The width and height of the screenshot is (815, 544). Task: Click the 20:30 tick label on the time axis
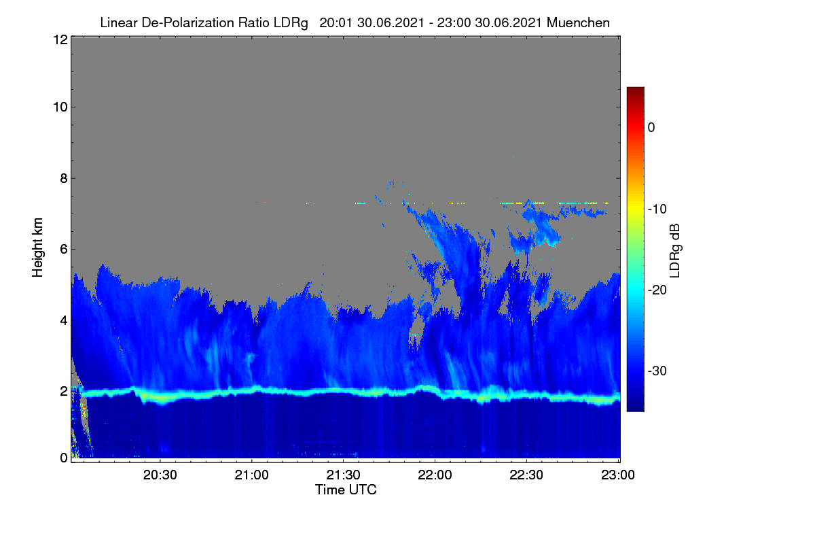(160, 475)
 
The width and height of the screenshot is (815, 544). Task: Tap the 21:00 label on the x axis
(251, 475)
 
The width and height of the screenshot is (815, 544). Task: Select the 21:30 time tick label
(343, 475)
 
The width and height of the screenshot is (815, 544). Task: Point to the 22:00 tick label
(435, 475)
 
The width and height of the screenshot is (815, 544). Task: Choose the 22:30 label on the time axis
(526, 475)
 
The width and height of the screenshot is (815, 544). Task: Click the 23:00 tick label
(618, 475)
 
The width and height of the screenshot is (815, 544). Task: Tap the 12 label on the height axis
(60, 39)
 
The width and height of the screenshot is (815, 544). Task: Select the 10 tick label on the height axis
(60, 107)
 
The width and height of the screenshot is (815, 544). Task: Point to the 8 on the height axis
(64, 178)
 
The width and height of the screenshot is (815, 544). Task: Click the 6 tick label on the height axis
(64, 250)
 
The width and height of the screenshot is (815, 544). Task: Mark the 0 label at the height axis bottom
(64, 458)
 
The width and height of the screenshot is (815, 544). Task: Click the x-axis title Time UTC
(346, 490)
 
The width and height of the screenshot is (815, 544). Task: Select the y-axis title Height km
(37, 248)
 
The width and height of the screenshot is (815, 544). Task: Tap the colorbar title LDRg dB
(674, 251)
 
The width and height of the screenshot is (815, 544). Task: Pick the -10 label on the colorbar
(657, 209)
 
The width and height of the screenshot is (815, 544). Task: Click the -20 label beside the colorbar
(657, 290)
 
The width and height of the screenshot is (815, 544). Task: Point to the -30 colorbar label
(657, 371)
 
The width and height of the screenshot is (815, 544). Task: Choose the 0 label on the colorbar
(651, 128)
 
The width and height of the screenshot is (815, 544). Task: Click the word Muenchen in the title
(578, 23)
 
